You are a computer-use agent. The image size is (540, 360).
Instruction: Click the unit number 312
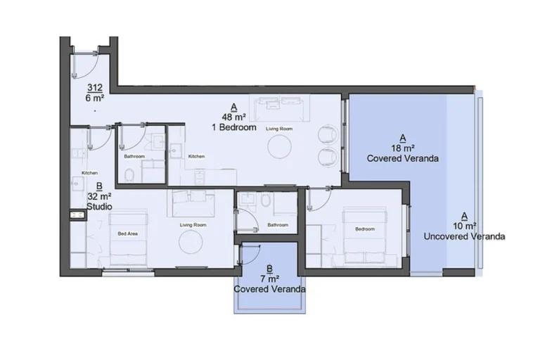pos(95,88)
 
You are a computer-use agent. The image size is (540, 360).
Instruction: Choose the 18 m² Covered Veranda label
pos(402,148)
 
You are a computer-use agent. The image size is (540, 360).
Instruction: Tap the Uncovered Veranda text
pos(464,236)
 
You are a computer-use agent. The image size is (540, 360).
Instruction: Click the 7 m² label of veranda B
pos(270,278)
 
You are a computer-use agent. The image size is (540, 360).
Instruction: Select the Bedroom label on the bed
pos(364,229)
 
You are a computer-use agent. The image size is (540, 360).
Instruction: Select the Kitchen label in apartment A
pos(196,156)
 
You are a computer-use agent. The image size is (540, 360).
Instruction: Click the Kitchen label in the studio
pos(89,173)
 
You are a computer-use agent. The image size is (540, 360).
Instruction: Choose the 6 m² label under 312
pos(95,98)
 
